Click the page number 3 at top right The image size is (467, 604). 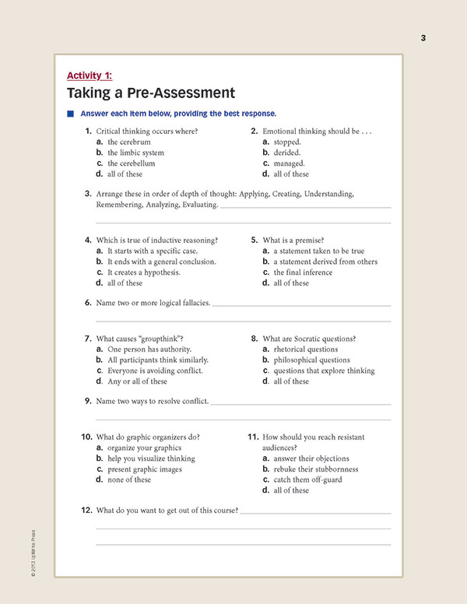[423, 38]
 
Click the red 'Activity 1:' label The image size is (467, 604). [90, 75]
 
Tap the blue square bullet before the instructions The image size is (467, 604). [70, 114]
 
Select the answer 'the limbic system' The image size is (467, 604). [135, 153]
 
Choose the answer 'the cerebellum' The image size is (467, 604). [131, 163]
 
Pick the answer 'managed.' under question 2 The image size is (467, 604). [290, 163]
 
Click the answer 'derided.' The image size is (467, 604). [286, 153]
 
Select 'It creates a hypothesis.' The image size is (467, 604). [143, 272]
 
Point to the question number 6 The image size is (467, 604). [88, 302]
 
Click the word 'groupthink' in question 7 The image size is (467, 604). [162, 339]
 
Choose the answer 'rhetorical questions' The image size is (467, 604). [305, 349]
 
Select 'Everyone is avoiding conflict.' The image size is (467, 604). [155, 370]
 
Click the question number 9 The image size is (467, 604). [88, 401]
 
